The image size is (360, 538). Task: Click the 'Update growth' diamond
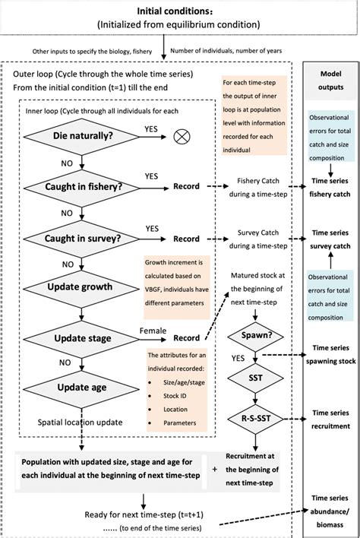(x=80, y=286)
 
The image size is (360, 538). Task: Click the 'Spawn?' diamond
(x=260, y=334)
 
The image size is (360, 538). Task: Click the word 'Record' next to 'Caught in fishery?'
(x=186, y=186)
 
